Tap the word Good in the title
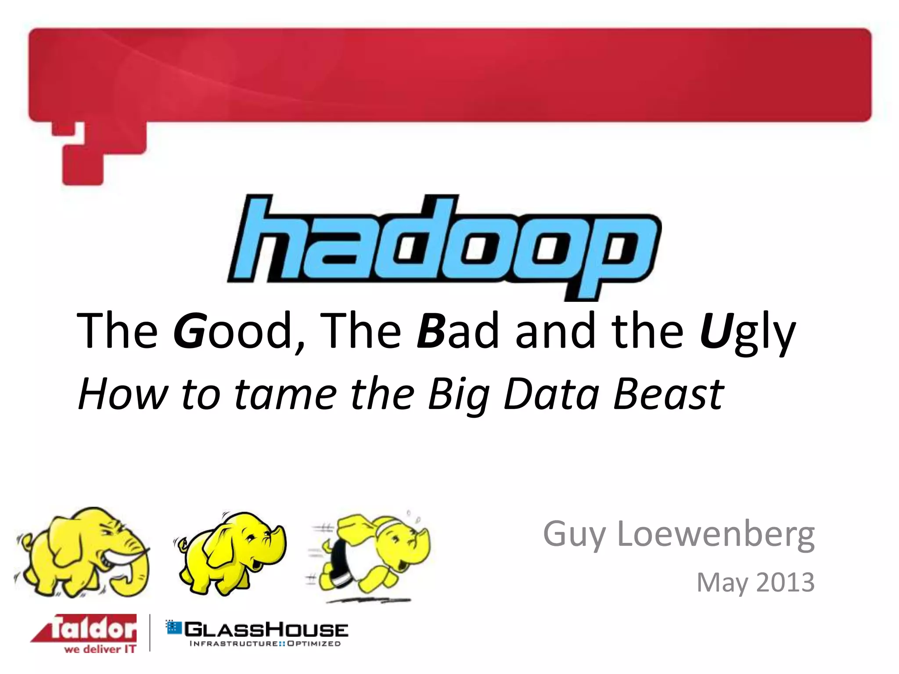pyautogui.click(x=233, y=331)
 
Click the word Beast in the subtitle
pyautogui.click(x=668, y=394)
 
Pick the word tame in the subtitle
pyautogui.click(x=286, y=394)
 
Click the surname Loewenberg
pyautogui.click(x=716, y=534)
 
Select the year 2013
pyautogui.click(x=785, y=582)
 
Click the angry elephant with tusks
pyautogui.click(x=83, y=553)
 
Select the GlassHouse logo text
pyautogui.click(x=266, y=630)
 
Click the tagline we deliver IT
pyautogui.click(x=100, y=649)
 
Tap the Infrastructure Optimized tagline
pyautogui.click(x=265, y=644)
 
